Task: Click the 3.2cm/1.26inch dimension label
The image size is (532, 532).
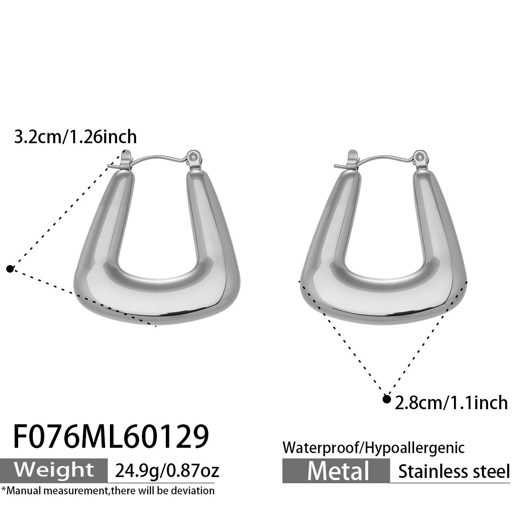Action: pyautogui.click(x=75, y=137)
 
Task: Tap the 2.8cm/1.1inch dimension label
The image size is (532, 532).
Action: pyautogui.click(x=450, y=403)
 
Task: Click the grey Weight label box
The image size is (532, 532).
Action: pyautogui.click(x=54, y=469)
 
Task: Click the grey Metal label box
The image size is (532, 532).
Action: pyautogui.click(x=336, y=470)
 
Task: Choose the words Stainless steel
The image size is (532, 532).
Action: pyautogui.click(x=454, y=471)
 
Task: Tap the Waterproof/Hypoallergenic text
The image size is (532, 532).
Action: pyautogui.click(x=373, y=448)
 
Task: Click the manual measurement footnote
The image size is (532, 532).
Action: pyautogui.click(x=108, y=490)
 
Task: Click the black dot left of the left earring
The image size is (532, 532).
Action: pyautogui.click(x=10, y=268)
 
